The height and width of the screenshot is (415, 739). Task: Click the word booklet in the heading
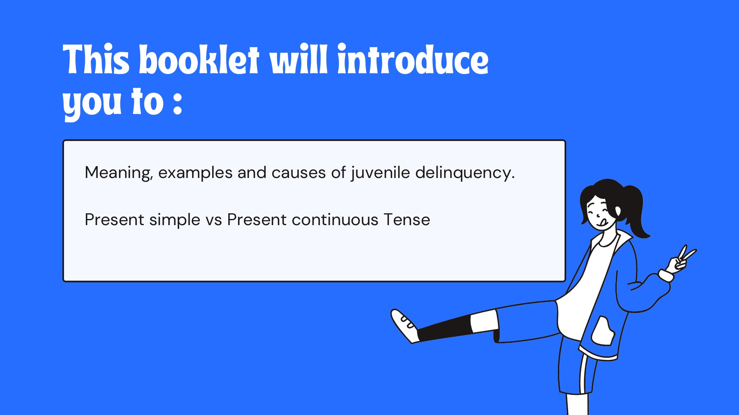(199, 59)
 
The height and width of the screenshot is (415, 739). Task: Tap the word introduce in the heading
(413, 59)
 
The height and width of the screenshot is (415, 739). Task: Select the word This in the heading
(96, 59)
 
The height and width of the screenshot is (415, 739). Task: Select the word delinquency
(465, 173)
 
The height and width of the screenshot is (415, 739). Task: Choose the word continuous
(335, 220)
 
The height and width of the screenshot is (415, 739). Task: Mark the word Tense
(407, 220)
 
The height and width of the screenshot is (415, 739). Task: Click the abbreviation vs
(213, 221)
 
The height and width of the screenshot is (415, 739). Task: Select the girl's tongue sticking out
(603, 223)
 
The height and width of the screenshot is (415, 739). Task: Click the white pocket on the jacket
(603, 331)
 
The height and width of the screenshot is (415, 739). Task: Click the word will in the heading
(298, 59)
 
